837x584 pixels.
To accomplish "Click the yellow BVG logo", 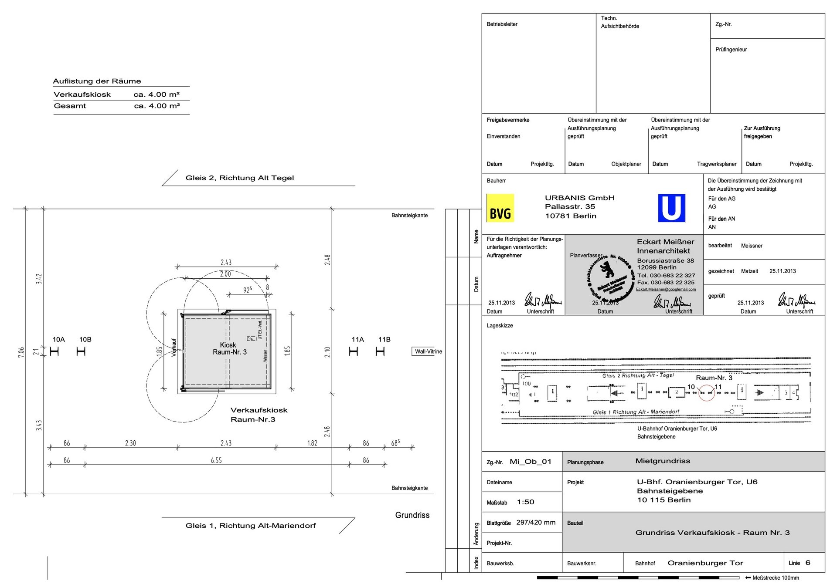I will pos(500,208).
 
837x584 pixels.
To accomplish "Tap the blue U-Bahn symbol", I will pos(671,208).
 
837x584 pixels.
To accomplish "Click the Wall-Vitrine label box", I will pos(428,351).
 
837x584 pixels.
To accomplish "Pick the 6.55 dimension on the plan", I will pos(216,460).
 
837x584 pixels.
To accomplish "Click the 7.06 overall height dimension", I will pos(21,352).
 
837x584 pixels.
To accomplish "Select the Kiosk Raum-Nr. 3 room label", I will pos(229,348).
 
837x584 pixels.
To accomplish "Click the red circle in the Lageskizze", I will pos(707,393).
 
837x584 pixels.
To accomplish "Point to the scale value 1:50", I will pos(525,502).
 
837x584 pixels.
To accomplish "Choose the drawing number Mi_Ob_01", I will pos(531,462).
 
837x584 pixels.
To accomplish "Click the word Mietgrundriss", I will pos(663,461).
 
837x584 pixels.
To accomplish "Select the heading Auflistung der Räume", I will pos(97,81).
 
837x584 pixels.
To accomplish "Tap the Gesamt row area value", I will pos(157,106).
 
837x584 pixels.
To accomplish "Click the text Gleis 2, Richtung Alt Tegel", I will pos(240,178).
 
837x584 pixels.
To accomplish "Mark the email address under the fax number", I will pos(666,289).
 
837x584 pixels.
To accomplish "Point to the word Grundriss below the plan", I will pos(412,515).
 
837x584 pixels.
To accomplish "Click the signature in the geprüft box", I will pos(796,300).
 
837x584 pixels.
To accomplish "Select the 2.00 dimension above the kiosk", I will pos(225,274).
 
